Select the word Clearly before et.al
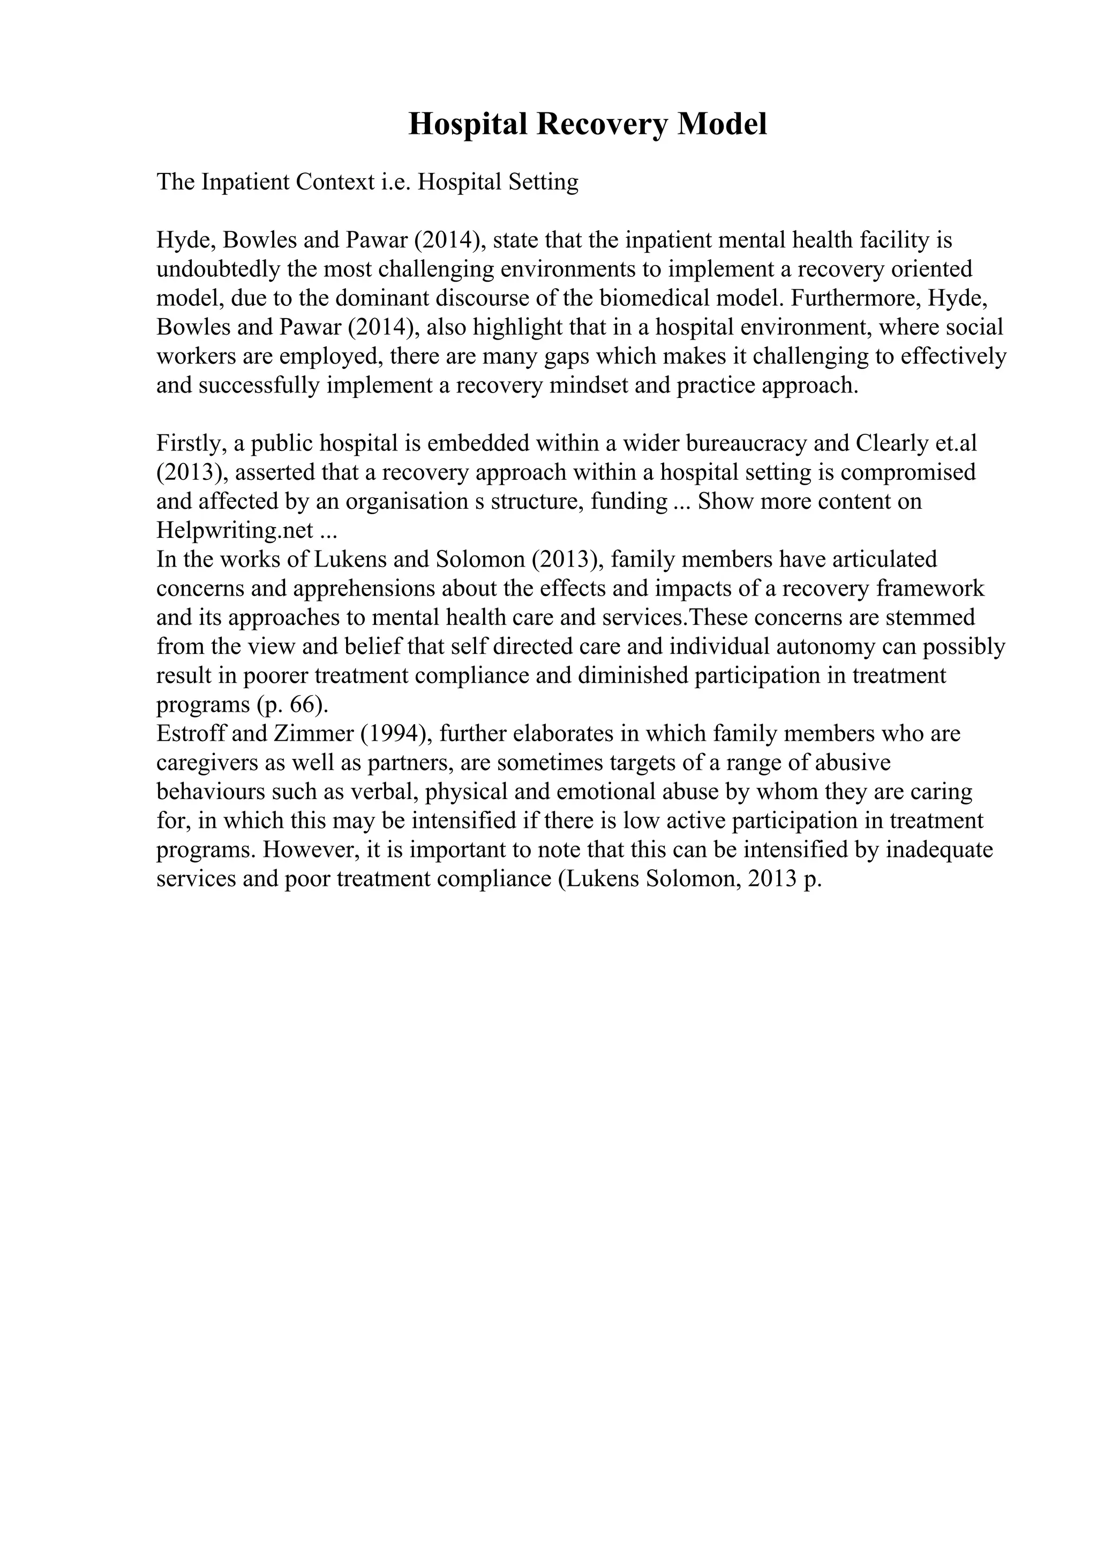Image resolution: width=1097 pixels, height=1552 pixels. coord(891,443)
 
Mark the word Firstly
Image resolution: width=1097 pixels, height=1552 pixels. coord(191,443)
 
